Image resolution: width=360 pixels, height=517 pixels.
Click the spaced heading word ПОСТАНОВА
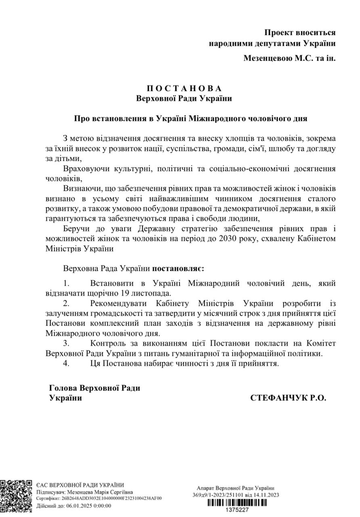point(184,88)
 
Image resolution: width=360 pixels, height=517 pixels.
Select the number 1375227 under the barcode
point(237,510)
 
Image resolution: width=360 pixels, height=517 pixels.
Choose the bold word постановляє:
point(178,268)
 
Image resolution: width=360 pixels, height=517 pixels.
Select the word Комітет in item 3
point(320,343)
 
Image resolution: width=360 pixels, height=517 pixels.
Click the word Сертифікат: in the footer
point(47,498)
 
